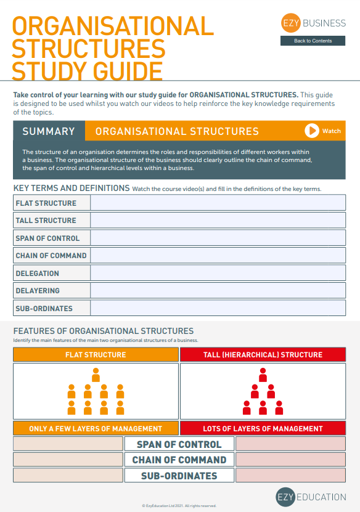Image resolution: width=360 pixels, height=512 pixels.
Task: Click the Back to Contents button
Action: (313, 41)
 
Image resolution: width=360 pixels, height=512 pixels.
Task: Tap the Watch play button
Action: (312, 131)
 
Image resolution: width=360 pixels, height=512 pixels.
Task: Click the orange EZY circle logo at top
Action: (290, 23)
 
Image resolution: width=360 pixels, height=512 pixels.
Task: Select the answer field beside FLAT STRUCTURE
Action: (218, 203)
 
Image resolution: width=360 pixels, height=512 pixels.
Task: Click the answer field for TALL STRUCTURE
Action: (218, 220)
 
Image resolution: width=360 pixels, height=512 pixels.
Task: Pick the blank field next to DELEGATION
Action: (218, 273)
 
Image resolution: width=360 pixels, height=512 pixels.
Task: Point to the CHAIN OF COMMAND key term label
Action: (52, 256)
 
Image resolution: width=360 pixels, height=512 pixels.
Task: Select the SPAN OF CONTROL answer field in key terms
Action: (218, 238)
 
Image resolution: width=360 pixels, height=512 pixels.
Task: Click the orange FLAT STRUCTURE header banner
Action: (96, 355)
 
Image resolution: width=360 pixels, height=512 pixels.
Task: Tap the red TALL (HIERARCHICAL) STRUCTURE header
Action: (263, 355)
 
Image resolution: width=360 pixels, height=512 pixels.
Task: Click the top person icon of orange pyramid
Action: (96, 375)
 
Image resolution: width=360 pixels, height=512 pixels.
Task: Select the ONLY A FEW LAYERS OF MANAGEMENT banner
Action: (96, 428)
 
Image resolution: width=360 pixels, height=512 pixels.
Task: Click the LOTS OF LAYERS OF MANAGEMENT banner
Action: (263, 428)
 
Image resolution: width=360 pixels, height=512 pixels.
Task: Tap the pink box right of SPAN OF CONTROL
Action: (290, 444)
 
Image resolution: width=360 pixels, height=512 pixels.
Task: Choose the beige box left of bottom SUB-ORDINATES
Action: (68, 476)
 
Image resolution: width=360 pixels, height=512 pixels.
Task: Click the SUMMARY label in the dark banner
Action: (49, 131)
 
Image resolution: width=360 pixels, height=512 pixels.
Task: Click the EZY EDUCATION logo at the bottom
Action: (311, 497)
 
